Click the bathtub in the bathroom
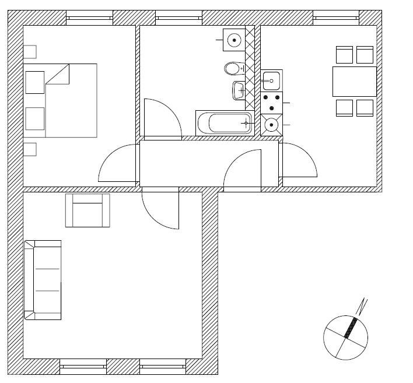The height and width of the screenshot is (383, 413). (224, 123)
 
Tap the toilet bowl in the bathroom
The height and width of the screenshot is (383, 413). (233, 69)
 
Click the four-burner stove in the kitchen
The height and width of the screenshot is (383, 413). (272, 103)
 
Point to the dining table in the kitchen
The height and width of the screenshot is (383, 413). (354, 82)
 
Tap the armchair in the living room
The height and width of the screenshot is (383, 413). (87, 210)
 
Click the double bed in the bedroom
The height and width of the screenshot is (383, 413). (60, 100)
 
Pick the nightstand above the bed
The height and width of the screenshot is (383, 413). (29, 52)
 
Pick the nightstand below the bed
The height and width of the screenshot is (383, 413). (29, 149)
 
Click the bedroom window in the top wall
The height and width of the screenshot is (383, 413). (89, 18)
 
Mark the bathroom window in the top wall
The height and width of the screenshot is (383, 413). (178, 18)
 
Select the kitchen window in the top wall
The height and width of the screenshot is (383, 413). (336, 18)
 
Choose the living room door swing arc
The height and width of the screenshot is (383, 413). (163, 213)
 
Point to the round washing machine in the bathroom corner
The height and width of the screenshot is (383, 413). (234, 40)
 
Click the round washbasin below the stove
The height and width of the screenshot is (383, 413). (271, 125)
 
